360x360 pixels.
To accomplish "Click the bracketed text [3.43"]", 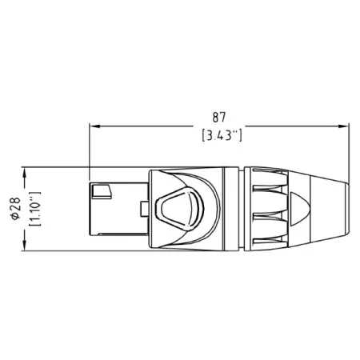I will (x=219, y=135).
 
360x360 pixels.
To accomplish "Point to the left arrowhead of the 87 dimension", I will (x=93, y=126).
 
